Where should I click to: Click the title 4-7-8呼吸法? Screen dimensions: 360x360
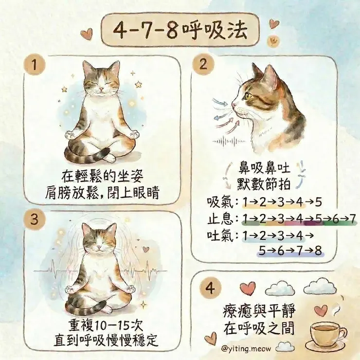tap(180, 31)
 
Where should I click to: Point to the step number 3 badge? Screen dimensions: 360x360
tap(33, 219)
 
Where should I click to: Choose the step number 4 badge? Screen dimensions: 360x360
tap(210, 288)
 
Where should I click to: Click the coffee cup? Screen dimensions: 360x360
tap(327, 332)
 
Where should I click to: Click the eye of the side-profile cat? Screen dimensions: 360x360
tap(249, 96)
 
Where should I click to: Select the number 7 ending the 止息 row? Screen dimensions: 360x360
tap(353, 218)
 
